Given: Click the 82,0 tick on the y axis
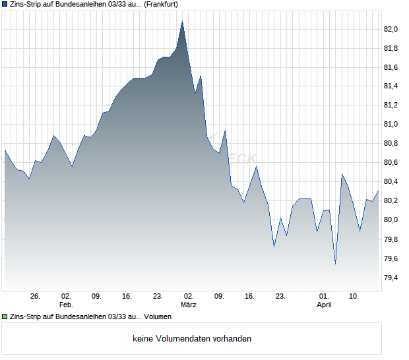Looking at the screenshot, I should click(391, 29).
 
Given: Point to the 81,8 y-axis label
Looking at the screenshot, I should click(391, 48).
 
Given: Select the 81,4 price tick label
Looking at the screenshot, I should click(391, 86).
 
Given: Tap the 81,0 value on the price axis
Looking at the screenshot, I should click(391, 124).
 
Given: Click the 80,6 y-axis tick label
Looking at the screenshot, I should click(391, 162).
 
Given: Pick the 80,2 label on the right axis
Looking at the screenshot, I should click(391, 200).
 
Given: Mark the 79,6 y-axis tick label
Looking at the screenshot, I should click(391, 258).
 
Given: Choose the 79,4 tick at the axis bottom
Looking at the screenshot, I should click(391, 278).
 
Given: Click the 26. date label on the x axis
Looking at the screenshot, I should click(36, 297).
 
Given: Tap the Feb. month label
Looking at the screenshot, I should click(65, 305).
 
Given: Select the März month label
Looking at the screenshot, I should click(189, 305).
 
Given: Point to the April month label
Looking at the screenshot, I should click(324, 305).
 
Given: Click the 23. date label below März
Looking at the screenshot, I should click(280, 297).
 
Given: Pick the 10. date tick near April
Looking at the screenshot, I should click(354, 297).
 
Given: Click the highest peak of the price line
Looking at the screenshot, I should click(182, 21).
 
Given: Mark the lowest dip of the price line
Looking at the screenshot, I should click(335, 264).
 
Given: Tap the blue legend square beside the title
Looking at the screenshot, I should click(5, 4).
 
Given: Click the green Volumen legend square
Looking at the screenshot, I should click(5, 317).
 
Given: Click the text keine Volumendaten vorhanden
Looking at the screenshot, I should click(192, 339).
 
